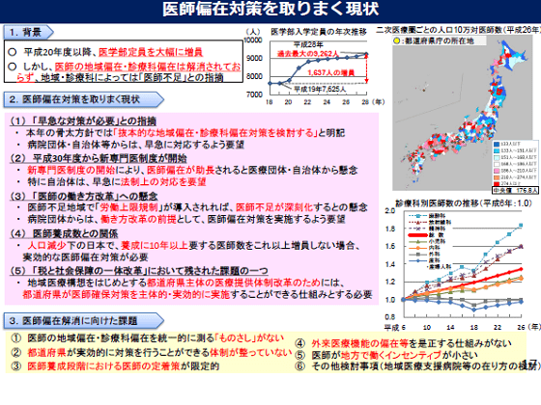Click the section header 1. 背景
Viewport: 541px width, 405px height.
(29, 33)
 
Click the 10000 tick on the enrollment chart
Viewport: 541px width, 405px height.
(250, 40)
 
